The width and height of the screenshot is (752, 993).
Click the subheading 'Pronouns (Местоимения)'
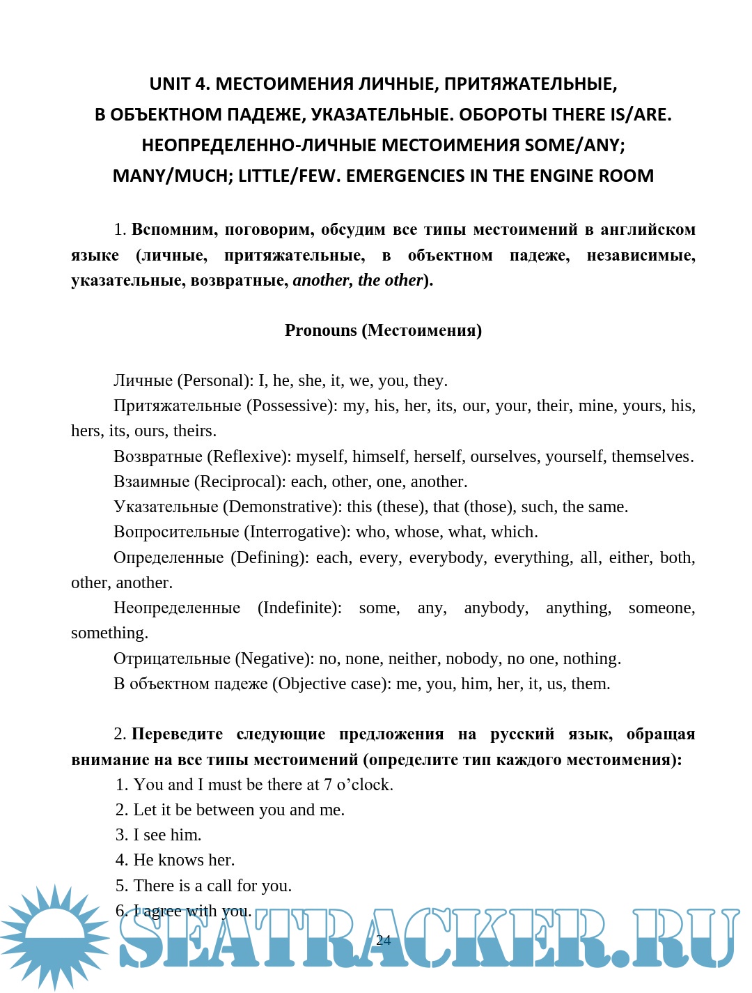point(383,330)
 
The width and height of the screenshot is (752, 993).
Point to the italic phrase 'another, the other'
point(358,280)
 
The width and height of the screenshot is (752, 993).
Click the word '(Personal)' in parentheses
point(215,380)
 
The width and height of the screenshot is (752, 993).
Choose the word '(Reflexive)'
point(249,456)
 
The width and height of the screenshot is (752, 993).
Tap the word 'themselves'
point(650,456)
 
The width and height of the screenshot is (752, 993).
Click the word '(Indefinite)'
point(299,608)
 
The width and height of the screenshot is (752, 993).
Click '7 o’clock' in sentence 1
point(358,785)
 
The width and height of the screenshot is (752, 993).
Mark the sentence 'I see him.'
point(167,835)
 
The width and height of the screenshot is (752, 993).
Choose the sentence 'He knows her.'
point(184,860)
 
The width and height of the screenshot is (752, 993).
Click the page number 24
point(383,940)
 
